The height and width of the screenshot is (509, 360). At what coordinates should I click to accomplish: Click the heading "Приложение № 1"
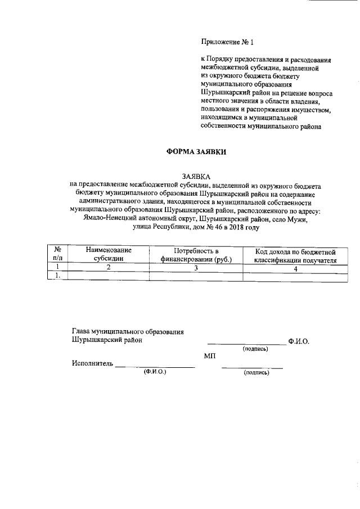coord(228,42)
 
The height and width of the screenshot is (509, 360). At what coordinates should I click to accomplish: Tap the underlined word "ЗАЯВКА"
coord(195,177)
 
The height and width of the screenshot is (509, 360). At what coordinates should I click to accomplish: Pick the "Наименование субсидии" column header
coord(109,254)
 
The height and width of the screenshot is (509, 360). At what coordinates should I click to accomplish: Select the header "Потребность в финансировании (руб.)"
coord(195,254)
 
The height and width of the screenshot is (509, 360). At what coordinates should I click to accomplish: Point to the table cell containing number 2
coord(109,267)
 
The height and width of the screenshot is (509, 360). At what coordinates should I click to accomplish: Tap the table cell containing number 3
coord(195,267)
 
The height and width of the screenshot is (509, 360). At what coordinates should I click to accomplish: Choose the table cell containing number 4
coord(295,267)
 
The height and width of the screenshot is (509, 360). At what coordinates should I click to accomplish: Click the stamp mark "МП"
coord(210,356)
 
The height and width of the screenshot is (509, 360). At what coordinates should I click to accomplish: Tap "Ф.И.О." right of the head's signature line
coord(298,341)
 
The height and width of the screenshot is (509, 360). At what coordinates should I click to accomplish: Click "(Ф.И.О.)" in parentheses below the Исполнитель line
coord(155,372)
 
